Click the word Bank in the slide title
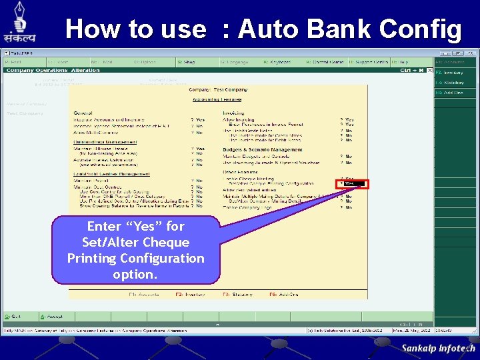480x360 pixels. click(x=347, y=29)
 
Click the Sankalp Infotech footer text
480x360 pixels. click(x=438, y=348)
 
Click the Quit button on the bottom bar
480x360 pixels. click(x=15, y=317)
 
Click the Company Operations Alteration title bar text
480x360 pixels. click(x=53, y=70)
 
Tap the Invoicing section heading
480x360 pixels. click(x=233, y=113)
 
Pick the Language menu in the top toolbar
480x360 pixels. click(x=234, y=62)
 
